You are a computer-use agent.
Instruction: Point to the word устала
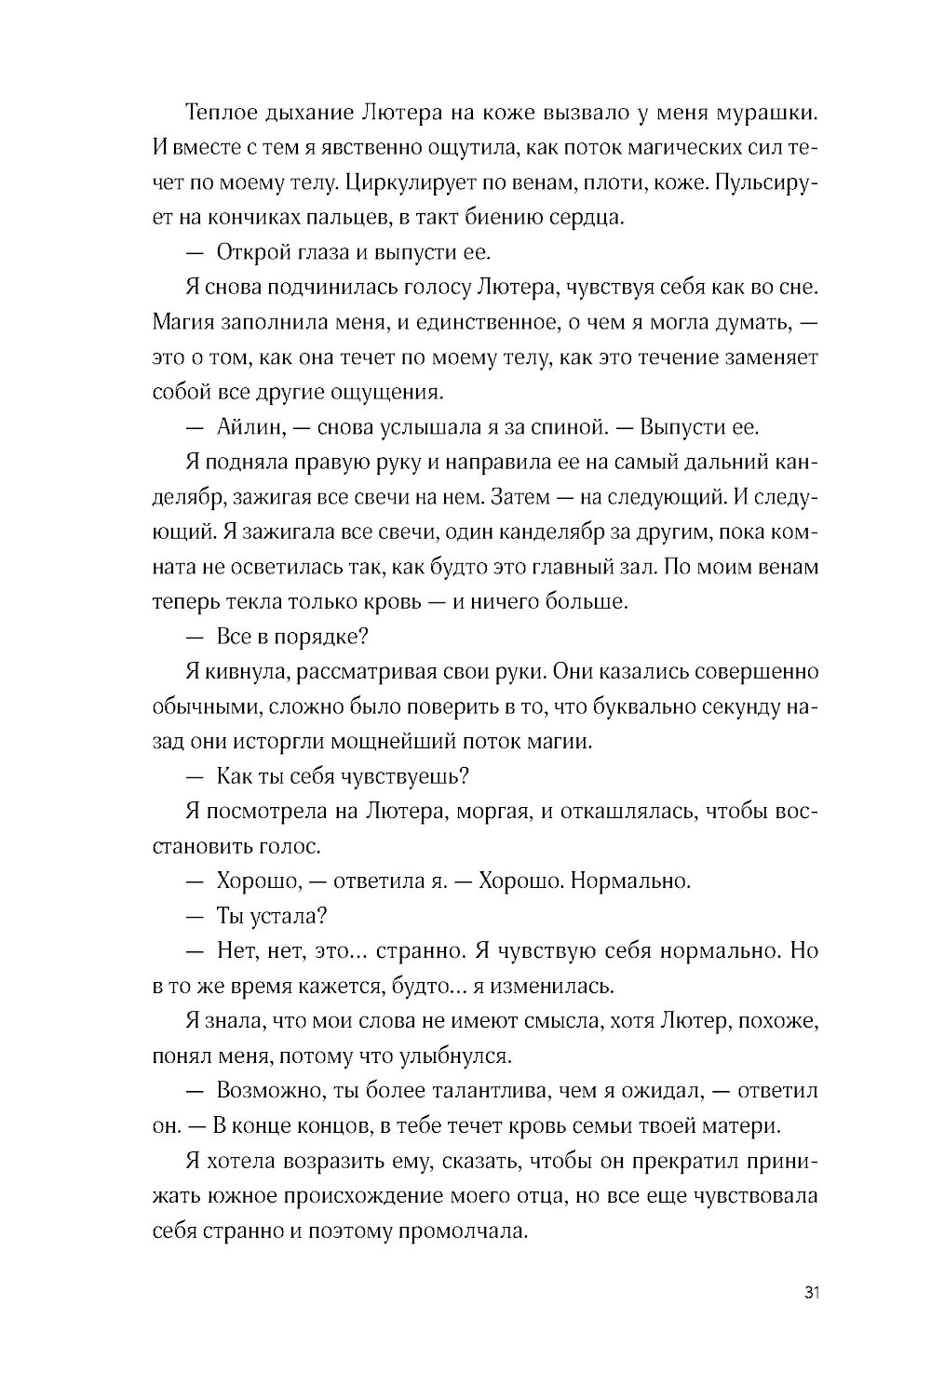tap(283, 915)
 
